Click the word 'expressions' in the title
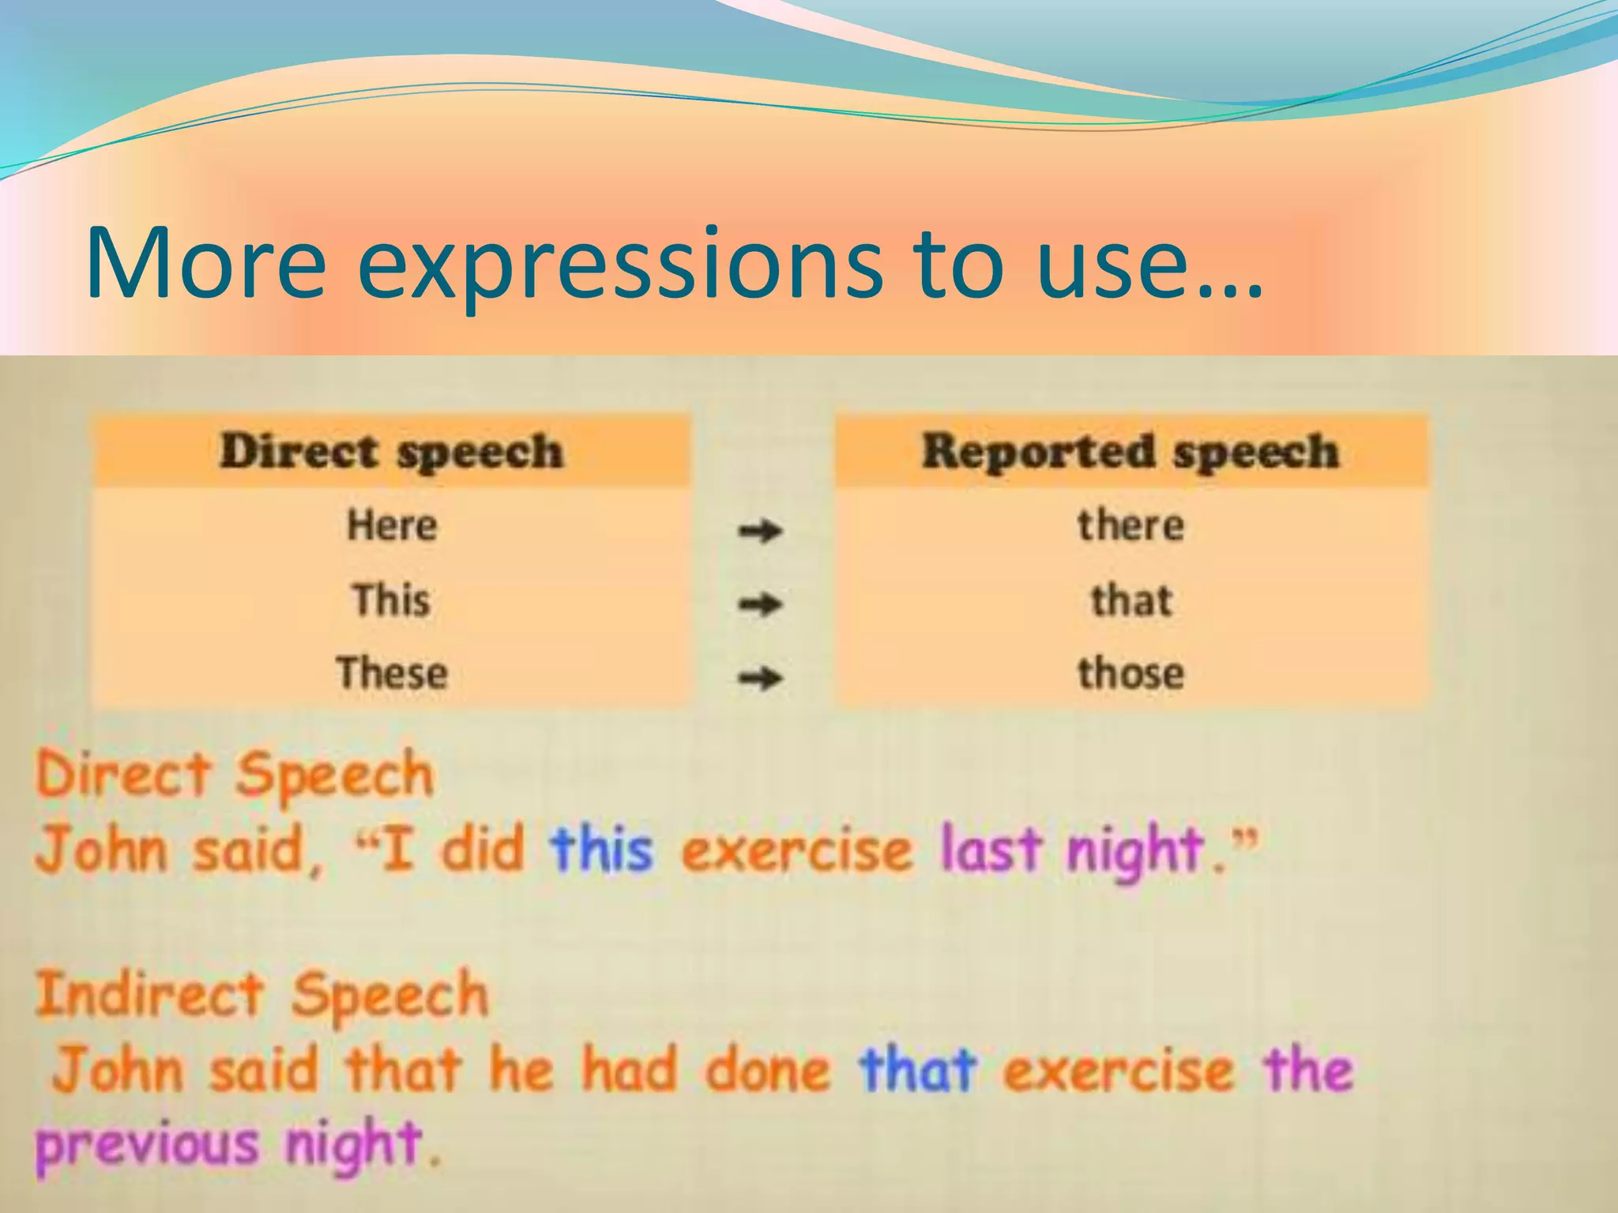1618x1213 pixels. pyautogui.click(x=620, y=265)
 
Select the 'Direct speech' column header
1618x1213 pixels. pyautogui.click(x=392, y=452)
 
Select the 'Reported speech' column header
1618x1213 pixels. pyautogui.click(x=1131, y=452)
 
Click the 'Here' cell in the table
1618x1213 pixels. pyautogui.click(x=392, y=525)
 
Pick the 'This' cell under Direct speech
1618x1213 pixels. pyautogui.click(x=392, y=599)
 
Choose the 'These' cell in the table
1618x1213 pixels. pyautogui.click(x=392, y=674)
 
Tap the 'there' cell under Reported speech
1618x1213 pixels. pyautogui.click(x=1131, y=525)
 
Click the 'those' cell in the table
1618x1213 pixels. pyautogui.click(x=1131, y=674)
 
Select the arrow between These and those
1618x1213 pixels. pyautogui.click(x=760, y=678)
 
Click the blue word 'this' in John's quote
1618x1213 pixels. pyautogui.click(x=602, y=851)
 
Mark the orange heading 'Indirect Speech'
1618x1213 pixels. pyautogui.click(x=262, y=995)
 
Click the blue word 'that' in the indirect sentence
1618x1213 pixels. pyautogui.click(x=918, y=1071)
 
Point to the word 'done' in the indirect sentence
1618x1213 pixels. pyautogui.click(x=767, y=1071)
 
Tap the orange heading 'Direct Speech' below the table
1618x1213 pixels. pyautogui.click(x=235, y=774)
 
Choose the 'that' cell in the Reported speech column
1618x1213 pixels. pyautogui.click(x=1131, y=599)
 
